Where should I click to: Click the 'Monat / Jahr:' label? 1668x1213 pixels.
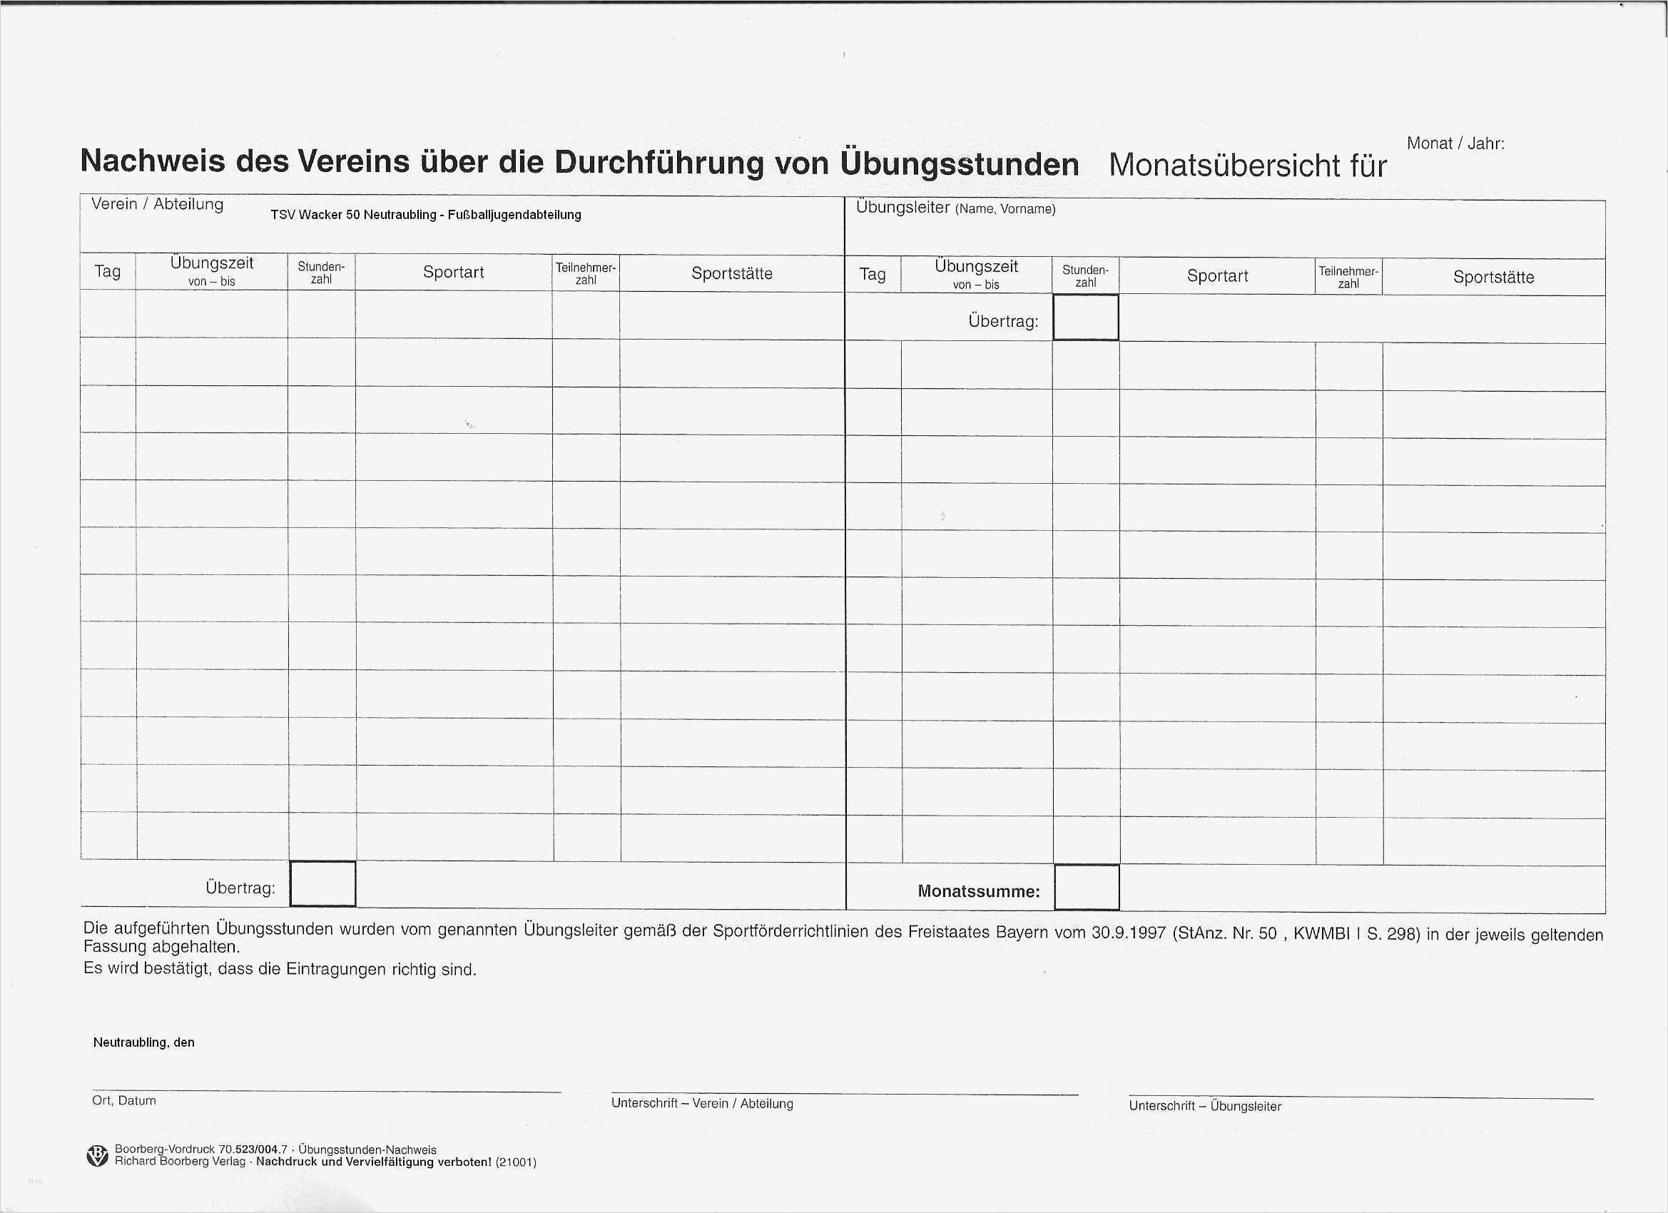(1455, 143)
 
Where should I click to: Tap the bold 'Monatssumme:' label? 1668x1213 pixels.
(978, 891)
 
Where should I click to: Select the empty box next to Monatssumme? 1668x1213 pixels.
(1087, 888)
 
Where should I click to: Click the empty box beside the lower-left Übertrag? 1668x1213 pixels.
(323, 883)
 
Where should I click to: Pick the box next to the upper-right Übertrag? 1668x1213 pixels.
(1086, 318)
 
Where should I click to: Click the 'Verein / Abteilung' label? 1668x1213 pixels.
(158, 205)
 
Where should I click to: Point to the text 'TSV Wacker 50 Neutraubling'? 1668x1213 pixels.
(353, 215)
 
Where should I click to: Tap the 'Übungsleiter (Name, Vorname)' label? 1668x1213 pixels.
(955, 208)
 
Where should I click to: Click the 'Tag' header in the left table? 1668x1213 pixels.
(108, 271)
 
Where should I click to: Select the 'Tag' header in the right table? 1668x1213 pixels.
(873, 275)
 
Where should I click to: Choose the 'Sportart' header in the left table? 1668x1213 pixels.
(453, 272)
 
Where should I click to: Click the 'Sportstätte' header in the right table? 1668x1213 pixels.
(1493, 278)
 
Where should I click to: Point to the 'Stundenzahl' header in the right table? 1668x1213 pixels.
(1085, 277)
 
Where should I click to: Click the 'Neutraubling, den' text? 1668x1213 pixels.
(143, 1042)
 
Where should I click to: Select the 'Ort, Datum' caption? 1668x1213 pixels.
(123, 1100)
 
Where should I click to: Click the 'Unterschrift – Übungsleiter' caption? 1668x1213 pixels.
(1205, 1105)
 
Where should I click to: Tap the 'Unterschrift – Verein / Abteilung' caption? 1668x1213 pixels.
(701, 1103)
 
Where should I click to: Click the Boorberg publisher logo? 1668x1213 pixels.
(97, 1156)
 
